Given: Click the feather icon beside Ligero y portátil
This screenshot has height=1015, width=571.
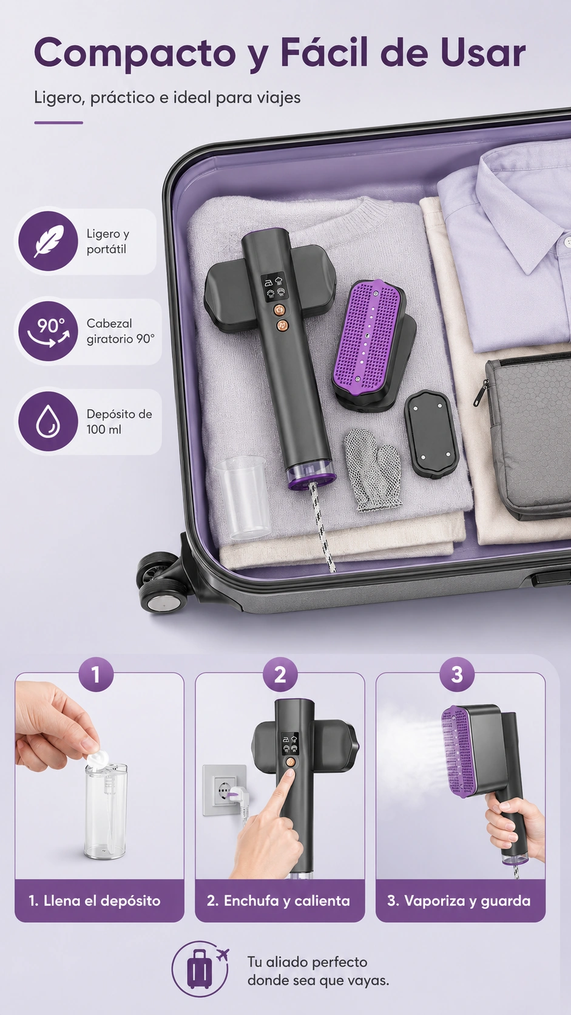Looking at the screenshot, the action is (x=48, y=241).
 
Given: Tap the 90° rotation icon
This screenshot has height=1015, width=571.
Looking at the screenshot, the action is (x=48, y=331).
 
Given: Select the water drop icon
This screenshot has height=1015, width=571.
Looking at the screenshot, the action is (x=48, y=421).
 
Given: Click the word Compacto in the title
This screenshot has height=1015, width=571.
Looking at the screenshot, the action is (x=135, y=54).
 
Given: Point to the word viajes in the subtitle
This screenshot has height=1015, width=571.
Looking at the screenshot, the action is (x=279, y=98).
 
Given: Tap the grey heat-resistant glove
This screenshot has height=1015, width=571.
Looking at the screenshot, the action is (x=373, y=470).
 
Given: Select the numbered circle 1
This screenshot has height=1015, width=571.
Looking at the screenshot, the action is (x=96, y=674).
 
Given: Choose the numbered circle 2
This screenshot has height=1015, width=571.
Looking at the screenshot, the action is (x=280, y=674).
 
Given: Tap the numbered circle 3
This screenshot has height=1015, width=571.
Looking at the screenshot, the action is (x=457, y=674).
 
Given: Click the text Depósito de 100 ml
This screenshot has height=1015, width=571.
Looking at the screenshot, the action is (x=119, y=421).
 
